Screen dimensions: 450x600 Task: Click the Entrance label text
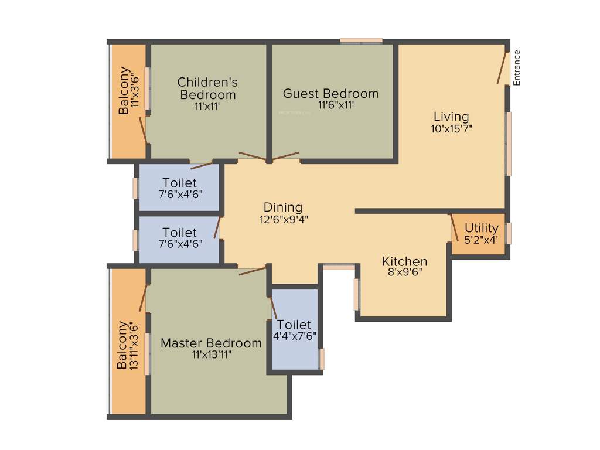[517, 68]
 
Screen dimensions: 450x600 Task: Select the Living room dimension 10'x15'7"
[451, 128]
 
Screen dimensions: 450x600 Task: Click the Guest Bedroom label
[330, 94]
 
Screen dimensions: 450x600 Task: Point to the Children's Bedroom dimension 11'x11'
[207, 106]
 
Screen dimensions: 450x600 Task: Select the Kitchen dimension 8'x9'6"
[405, 272]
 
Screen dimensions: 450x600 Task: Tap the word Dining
[283, 207]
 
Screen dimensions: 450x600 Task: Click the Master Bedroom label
[211, 343]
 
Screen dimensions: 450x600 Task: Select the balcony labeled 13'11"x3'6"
[127, 345]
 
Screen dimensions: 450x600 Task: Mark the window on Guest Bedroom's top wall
[362, 41]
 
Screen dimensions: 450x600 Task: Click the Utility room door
[454, 227]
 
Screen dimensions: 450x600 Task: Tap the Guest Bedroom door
[285, 156]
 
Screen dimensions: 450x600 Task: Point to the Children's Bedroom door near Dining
[253, 156]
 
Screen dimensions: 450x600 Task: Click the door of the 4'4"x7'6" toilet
[273, 308]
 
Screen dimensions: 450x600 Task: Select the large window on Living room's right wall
[509, 144]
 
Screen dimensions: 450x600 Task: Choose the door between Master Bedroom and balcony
[142, 296]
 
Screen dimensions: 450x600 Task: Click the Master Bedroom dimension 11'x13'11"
[211, 354]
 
